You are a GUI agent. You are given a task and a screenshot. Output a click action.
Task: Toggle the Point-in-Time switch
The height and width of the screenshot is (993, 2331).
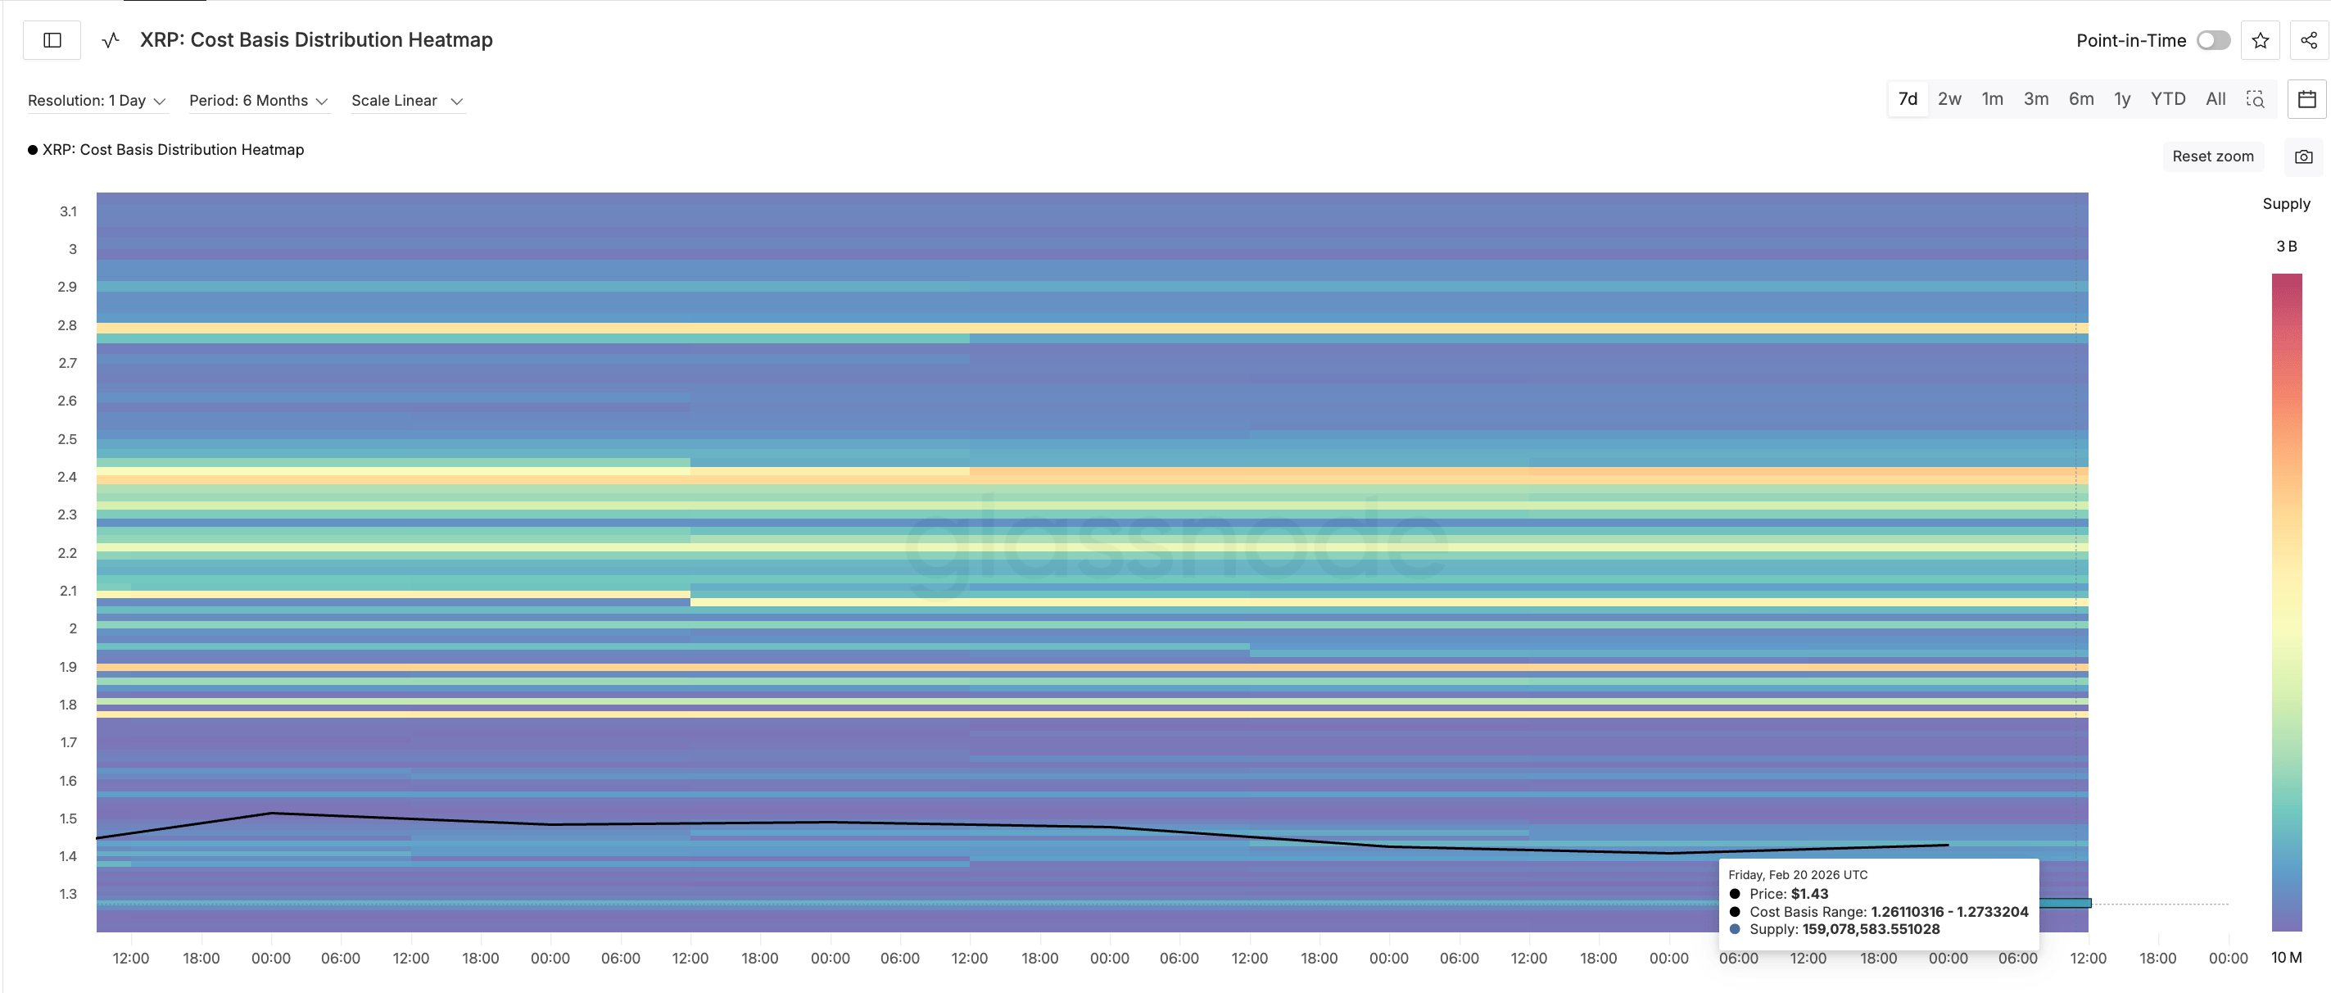(2212, 41)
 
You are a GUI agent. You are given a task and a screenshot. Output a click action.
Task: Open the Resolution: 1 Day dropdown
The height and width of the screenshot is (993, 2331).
(96, 101)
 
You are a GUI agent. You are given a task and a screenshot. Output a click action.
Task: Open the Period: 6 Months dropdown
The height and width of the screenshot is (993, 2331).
(258, 101)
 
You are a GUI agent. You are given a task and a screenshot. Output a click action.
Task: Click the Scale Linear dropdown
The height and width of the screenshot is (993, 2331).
(406, 101)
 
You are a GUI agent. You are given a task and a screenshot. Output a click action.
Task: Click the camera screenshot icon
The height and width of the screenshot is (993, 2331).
(2303, 156)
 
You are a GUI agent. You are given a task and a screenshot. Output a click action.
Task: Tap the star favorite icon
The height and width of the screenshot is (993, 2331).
(2260, 41)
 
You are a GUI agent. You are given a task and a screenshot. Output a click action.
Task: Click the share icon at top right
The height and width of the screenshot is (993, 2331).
(2308, 41)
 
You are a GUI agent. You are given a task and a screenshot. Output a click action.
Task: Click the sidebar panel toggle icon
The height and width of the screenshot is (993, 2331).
(52, 41)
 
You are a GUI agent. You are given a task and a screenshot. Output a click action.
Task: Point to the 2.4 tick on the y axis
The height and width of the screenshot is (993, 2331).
(68, 477)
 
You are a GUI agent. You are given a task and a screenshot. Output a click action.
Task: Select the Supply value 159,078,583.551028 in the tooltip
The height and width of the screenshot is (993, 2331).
(1871, 930)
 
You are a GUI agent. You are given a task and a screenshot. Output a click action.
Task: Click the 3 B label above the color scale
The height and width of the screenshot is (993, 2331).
(2286, 247)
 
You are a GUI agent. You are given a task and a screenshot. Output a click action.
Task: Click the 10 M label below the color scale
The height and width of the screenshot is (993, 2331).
(2286, 958)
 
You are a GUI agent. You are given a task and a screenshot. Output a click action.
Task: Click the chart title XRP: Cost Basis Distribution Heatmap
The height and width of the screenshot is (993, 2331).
(316, 41)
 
